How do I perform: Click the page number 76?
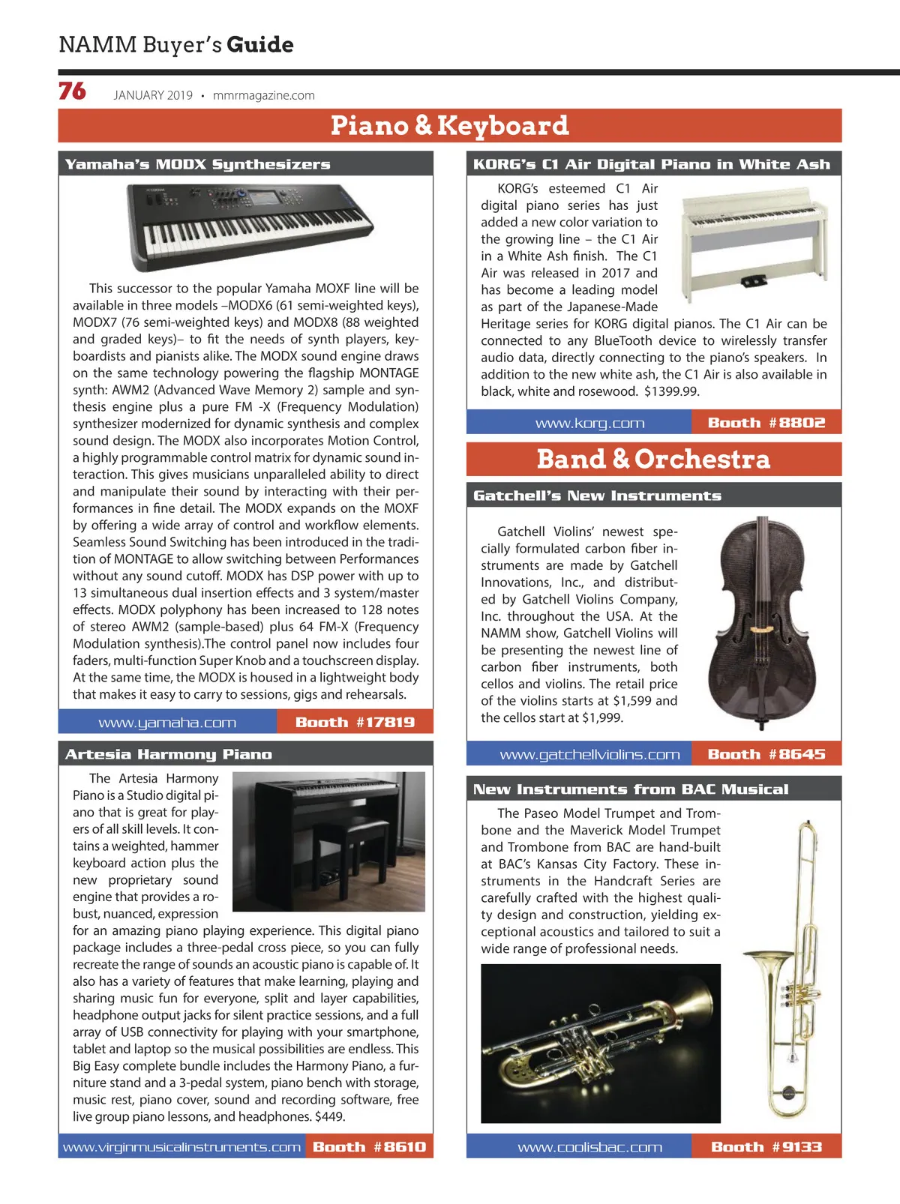pos(72,91)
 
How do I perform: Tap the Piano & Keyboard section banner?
pos(450,125)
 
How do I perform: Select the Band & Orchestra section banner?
pos(653,459)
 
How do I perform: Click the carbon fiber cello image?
pos(762,621)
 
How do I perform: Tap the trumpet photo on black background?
pos(601,1043)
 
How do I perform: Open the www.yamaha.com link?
pos(167,723)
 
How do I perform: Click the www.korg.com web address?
pos(589,423)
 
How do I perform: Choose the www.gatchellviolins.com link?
pos(589,754)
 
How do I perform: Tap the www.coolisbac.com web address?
pos(589,1147)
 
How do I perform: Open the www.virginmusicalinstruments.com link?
pos(181,1147)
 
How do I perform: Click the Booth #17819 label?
pos(355,723)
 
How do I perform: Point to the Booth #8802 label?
pos(766,423)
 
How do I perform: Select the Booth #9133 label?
pos(766,1147)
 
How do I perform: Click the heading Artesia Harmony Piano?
pos(169,754)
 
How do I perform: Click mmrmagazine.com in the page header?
pos(263,95)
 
